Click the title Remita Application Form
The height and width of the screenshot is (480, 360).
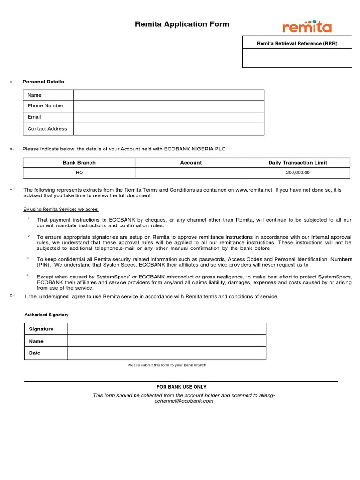[182, 24]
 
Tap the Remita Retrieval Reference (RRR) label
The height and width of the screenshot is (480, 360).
[297, 43]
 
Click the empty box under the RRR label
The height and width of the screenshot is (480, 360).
[297, 59]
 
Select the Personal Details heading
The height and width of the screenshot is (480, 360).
[43, 82]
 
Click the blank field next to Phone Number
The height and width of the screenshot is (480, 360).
[168, 106]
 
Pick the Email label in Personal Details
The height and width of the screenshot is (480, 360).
[34, 117]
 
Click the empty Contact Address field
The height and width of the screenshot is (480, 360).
[168, 129]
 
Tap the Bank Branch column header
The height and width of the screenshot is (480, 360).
[79, 163]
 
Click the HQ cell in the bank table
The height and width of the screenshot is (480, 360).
[79, 172]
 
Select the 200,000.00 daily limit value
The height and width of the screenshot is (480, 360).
[298, 172]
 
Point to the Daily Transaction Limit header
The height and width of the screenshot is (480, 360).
[298, 163]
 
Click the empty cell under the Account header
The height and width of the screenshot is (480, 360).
[191, 172]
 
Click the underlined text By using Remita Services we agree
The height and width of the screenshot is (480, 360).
[61, 209]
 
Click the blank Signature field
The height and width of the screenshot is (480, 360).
[166, 329]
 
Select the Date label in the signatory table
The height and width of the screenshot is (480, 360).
[35, 353]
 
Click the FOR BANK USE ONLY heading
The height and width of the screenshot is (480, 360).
[181, 387]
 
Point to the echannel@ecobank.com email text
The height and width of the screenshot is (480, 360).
[180, 401]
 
